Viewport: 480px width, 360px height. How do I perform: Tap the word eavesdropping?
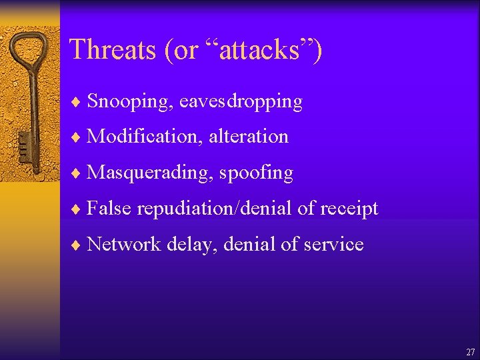pyautogui.click(x=241, y=102)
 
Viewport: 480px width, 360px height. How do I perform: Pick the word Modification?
pyautogui.click(x=145, y=137)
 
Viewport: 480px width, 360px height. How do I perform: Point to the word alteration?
pyautogui.click(x=249, y=137)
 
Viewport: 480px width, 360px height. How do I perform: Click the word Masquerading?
pyautogui.click(x=150, y=173)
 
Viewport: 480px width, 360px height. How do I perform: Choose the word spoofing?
pyautogui.click(x=256, y=173)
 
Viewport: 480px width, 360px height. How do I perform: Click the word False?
pyautogui.click(x=109, y=209)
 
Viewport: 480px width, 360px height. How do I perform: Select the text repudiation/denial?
pyautogui.click(x=215, y=209)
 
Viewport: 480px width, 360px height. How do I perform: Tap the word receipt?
pyautogui.click(x=349, y=209)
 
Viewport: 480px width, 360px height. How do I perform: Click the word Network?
pyautogui.click(x=124, y=245)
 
